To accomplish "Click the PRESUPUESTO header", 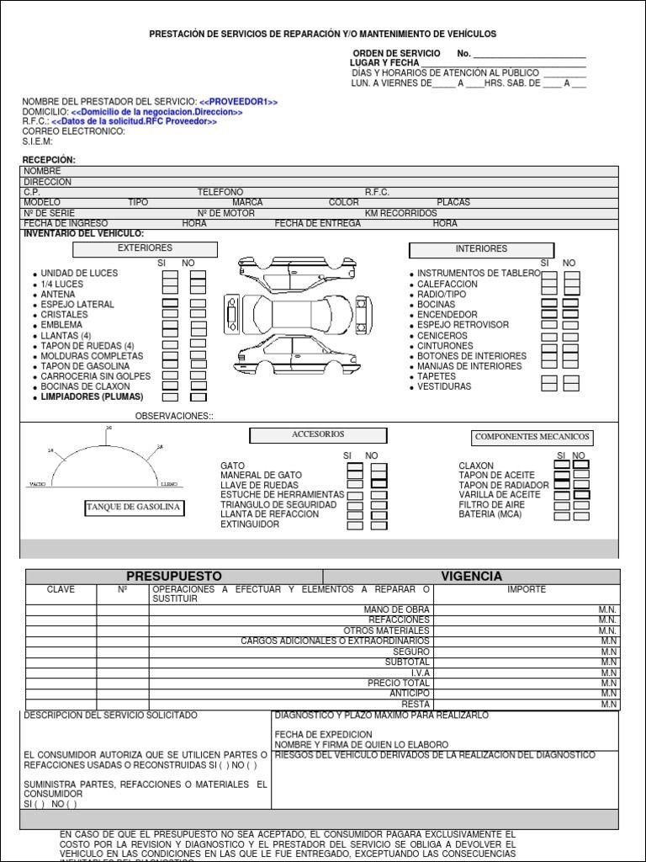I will point(174,577).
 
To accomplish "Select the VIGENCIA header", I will point(471,577).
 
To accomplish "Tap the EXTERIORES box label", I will point(145,249).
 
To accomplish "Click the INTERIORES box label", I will point(481,250).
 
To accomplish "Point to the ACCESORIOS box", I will point(318,435).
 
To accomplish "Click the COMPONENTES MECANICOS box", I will point(532,438).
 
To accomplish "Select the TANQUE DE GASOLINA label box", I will point(134,507).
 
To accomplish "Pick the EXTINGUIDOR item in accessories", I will point(250,524).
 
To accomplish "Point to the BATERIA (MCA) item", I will point(490,514).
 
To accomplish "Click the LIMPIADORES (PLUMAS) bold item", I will point(93,396).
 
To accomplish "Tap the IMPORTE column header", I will point(527,590).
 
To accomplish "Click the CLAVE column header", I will point(61,590).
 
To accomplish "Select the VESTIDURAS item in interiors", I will point(444,387).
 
